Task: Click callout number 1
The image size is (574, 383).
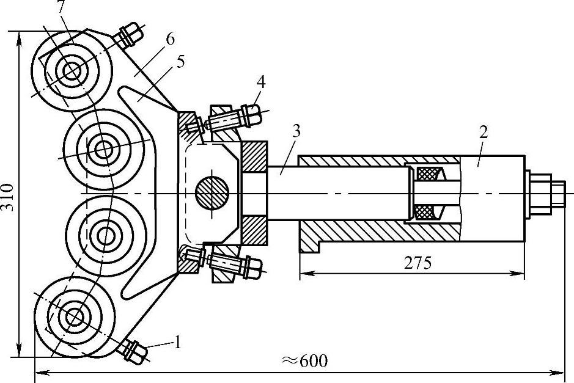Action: click(x=177, y=343)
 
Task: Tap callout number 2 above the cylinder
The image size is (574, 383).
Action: click(x=484, y=132)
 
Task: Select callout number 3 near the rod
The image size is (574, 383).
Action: click(x=296, y=131)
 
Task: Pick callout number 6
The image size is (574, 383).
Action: click(x=170, y=39)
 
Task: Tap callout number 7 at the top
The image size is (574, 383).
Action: click(x=62, y=7)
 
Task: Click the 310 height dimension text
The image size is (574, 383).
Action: click(x=8, y=197)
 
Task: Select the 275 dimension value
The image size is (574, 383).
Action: click(x=418, y=263)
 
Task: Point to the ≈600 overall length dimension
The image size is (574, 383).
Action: click(x=304, y=360)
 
